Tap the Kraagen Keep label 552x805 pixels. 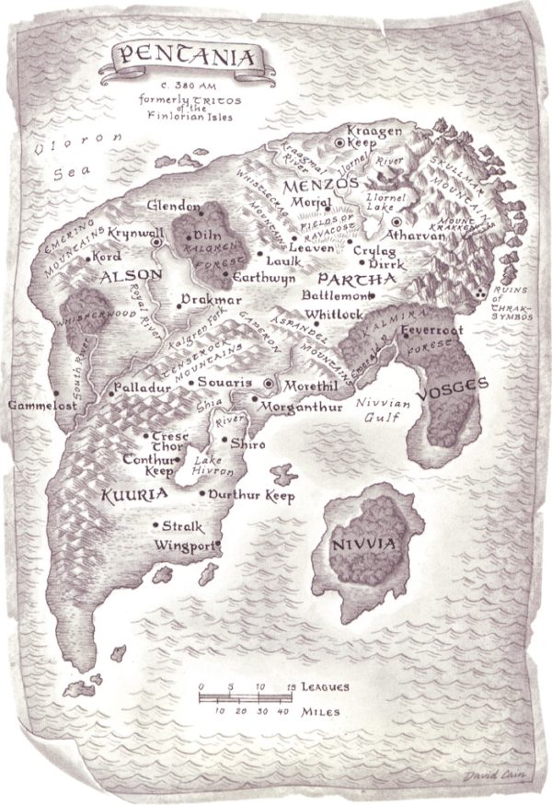coord(375,137)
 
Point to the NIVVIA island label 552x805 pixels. coord(364,545)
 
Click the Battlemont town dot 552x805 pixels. coord(373,296)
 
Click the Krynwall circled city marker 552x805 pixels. coord(157,242)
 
